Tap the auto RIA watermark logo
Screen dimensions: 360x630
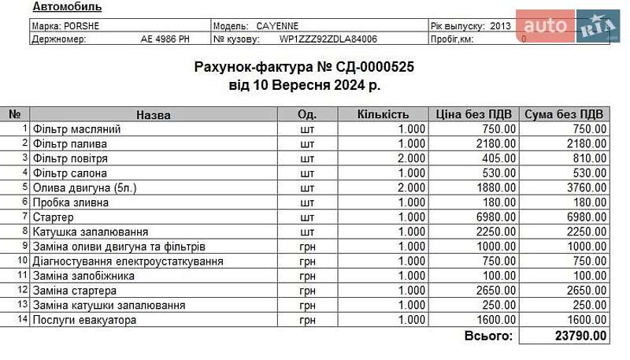pos(568,27)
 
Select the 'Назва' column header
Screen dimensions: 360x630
pos(153,114)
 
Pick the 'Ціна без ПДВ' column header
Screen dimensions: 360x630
pos(474,114)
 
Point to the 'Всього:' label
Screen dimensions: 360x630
pos(487,336)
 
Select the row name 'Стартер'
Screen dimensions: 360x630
pos(53,217)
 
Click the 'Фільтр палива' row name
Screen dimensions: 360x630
pos(69,143)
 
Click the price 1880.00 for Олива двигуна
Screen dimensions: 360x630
pos(496,187)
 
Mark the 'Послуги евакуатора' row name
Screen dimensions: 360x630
pos(84,320)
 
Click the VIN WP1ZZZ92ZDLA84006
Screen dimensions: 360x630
pos(328,39)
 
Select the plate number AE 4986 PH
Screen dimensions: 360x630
pos(165,39)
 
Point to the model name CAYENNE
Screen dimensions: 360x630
pos(277,25)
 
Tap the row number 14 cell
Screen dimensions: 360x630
pos(23,320)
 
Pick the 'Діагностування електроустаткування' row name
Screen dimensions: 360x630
pos(128,261)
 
